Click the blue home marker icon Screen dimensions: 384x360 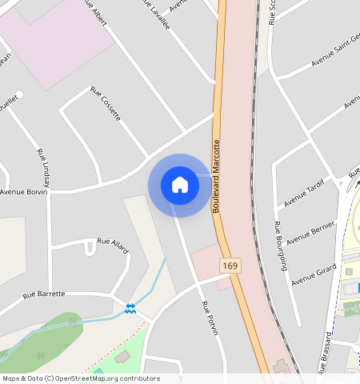180,185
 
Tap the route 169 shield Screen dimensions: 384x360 231,265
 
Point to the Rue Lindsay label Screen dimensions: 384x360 43,166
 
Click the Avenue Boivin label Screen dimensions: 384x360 24,192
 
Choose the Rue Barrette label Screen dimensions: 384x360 44,294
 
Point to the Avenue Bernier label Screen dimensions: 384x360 310,231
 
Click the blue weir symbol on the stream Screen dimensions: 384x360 130,308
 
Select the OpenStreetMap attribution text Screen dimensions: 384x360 80,378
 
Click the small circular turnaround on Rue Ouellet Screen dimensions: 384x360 20,94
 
